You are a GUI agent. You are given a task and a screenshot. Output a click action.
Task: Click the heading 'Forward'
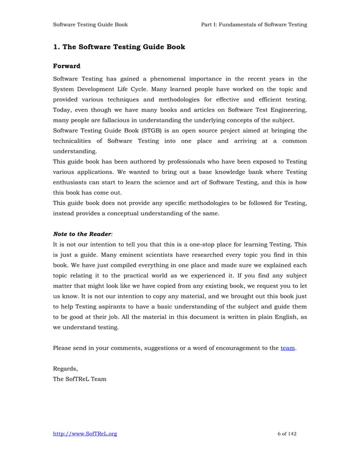click(67, 65)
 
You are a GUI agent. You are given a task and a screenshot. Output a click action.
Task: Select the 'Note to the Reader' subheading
click(82, 231)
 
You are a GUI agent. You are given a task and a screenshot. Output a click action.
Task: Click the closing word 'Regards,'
click(65, 368)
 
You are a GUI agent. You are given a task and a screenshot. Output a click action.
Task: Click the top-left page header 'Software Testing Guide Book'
click(90, 24)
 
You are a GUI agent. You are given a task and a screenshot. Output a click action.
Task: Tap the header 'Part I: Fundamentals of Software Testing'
click(254, 24)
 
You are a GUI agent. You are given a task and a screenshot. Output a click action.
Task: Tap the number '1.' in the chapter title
click(56, 47)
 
